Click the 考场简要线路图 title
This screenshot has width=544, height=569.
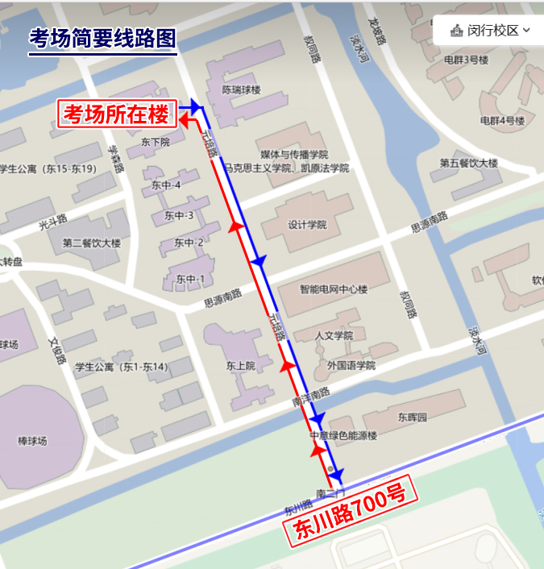coord(102,38)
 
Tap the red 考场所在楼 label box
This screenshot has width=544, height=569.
coord(118,114)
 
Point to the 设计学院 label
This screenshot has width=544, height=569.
coord(307,225)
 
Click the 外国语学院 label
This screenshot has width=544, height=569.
coord(351,364)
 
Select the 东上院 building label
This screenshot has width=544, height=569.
coord(240,365)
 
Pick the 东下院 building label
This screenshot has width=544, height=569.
coord(155,142)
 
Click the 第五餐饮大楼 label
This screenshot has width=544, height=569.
coord(468,163)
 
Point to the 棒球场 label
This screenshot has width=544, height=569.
coord(33,441)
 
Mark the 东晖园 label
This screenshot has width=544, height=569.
coord(411,417)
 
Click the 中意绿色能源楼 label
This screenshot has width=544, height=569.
coord(343,436)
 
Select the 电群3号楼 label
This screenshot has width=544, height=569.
coord(466,60)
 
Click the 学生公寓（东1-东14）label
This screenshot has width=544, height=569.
coord(121,368)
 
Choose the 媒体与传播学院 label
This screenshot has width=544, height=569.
coord(294,153)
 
